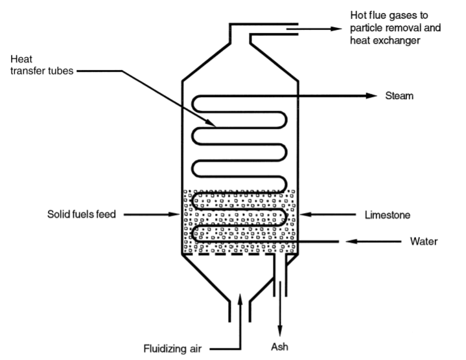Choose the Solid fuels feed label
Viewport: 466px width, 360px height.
82,213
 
